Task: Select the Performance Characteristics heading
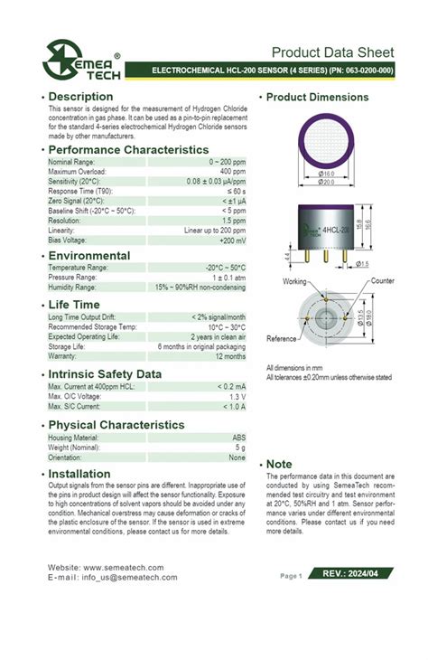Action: [x=128, y=149]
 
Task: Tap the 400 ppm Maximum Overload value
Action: [x=233, y=171]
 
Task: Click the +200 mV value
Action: [x=232, y=240]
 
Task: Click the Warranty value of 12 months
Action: [x=228, y=355]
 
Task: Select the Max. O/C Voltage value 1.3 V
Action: [x=236, y=396]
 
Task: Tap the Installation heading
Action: [x=79, y=474]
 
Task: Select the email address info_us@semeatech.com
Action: [x=129, y=577]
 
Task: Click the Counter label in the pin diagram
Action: [x=381, y=281]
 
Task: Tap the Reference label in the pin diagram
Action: [x=281, y=338]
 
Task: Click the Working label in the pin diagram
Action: [x=294, y=282]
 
